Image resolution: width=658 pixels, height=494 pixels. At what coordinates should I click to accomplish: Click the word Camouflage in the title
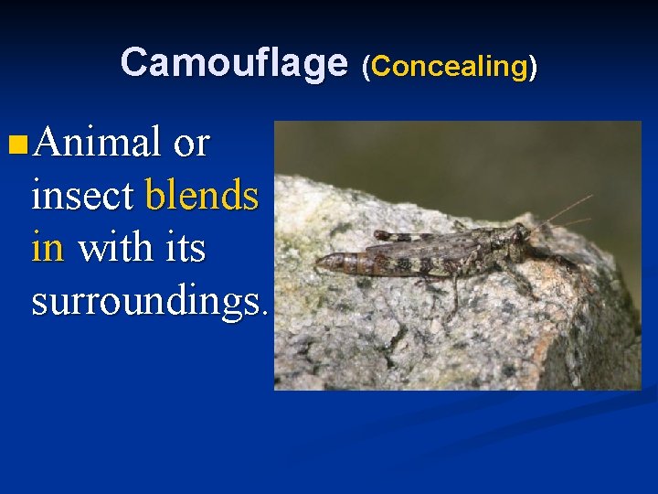coord(234,62)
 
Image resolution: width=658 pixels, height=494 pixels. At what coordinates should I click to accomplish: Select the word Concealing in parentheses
coord(448,66)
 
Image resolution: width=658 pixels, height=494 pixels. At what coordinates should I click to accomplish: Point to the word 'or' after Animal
coord(191,144)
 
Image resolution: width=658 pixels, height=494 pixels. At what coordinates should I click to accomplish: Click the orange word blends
coord(202,195)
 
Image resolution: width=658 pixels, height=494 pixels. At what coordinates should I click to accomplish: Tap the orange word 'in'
coord(48,247)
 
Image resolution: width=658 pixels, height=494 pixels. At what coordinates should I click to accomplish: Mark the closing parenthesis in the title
coord(533,66)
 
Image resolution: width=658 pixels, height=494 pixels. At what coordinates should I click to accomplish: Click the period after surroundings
coord(265,311)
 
